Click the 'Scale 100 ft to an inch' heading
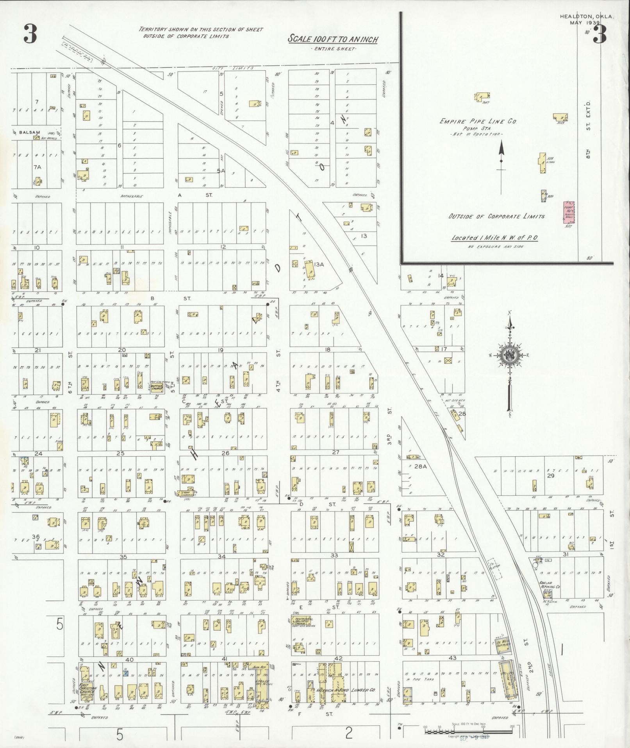pos(333,39)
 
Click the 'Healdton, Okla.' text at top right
pos(587,17)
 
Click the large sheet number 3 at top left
pos(30,34)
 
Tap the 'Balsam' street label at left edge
pos(30,132)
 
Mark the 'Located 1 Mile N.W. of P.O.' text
pos(495,238)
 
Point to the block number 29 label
pos(551,475)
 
